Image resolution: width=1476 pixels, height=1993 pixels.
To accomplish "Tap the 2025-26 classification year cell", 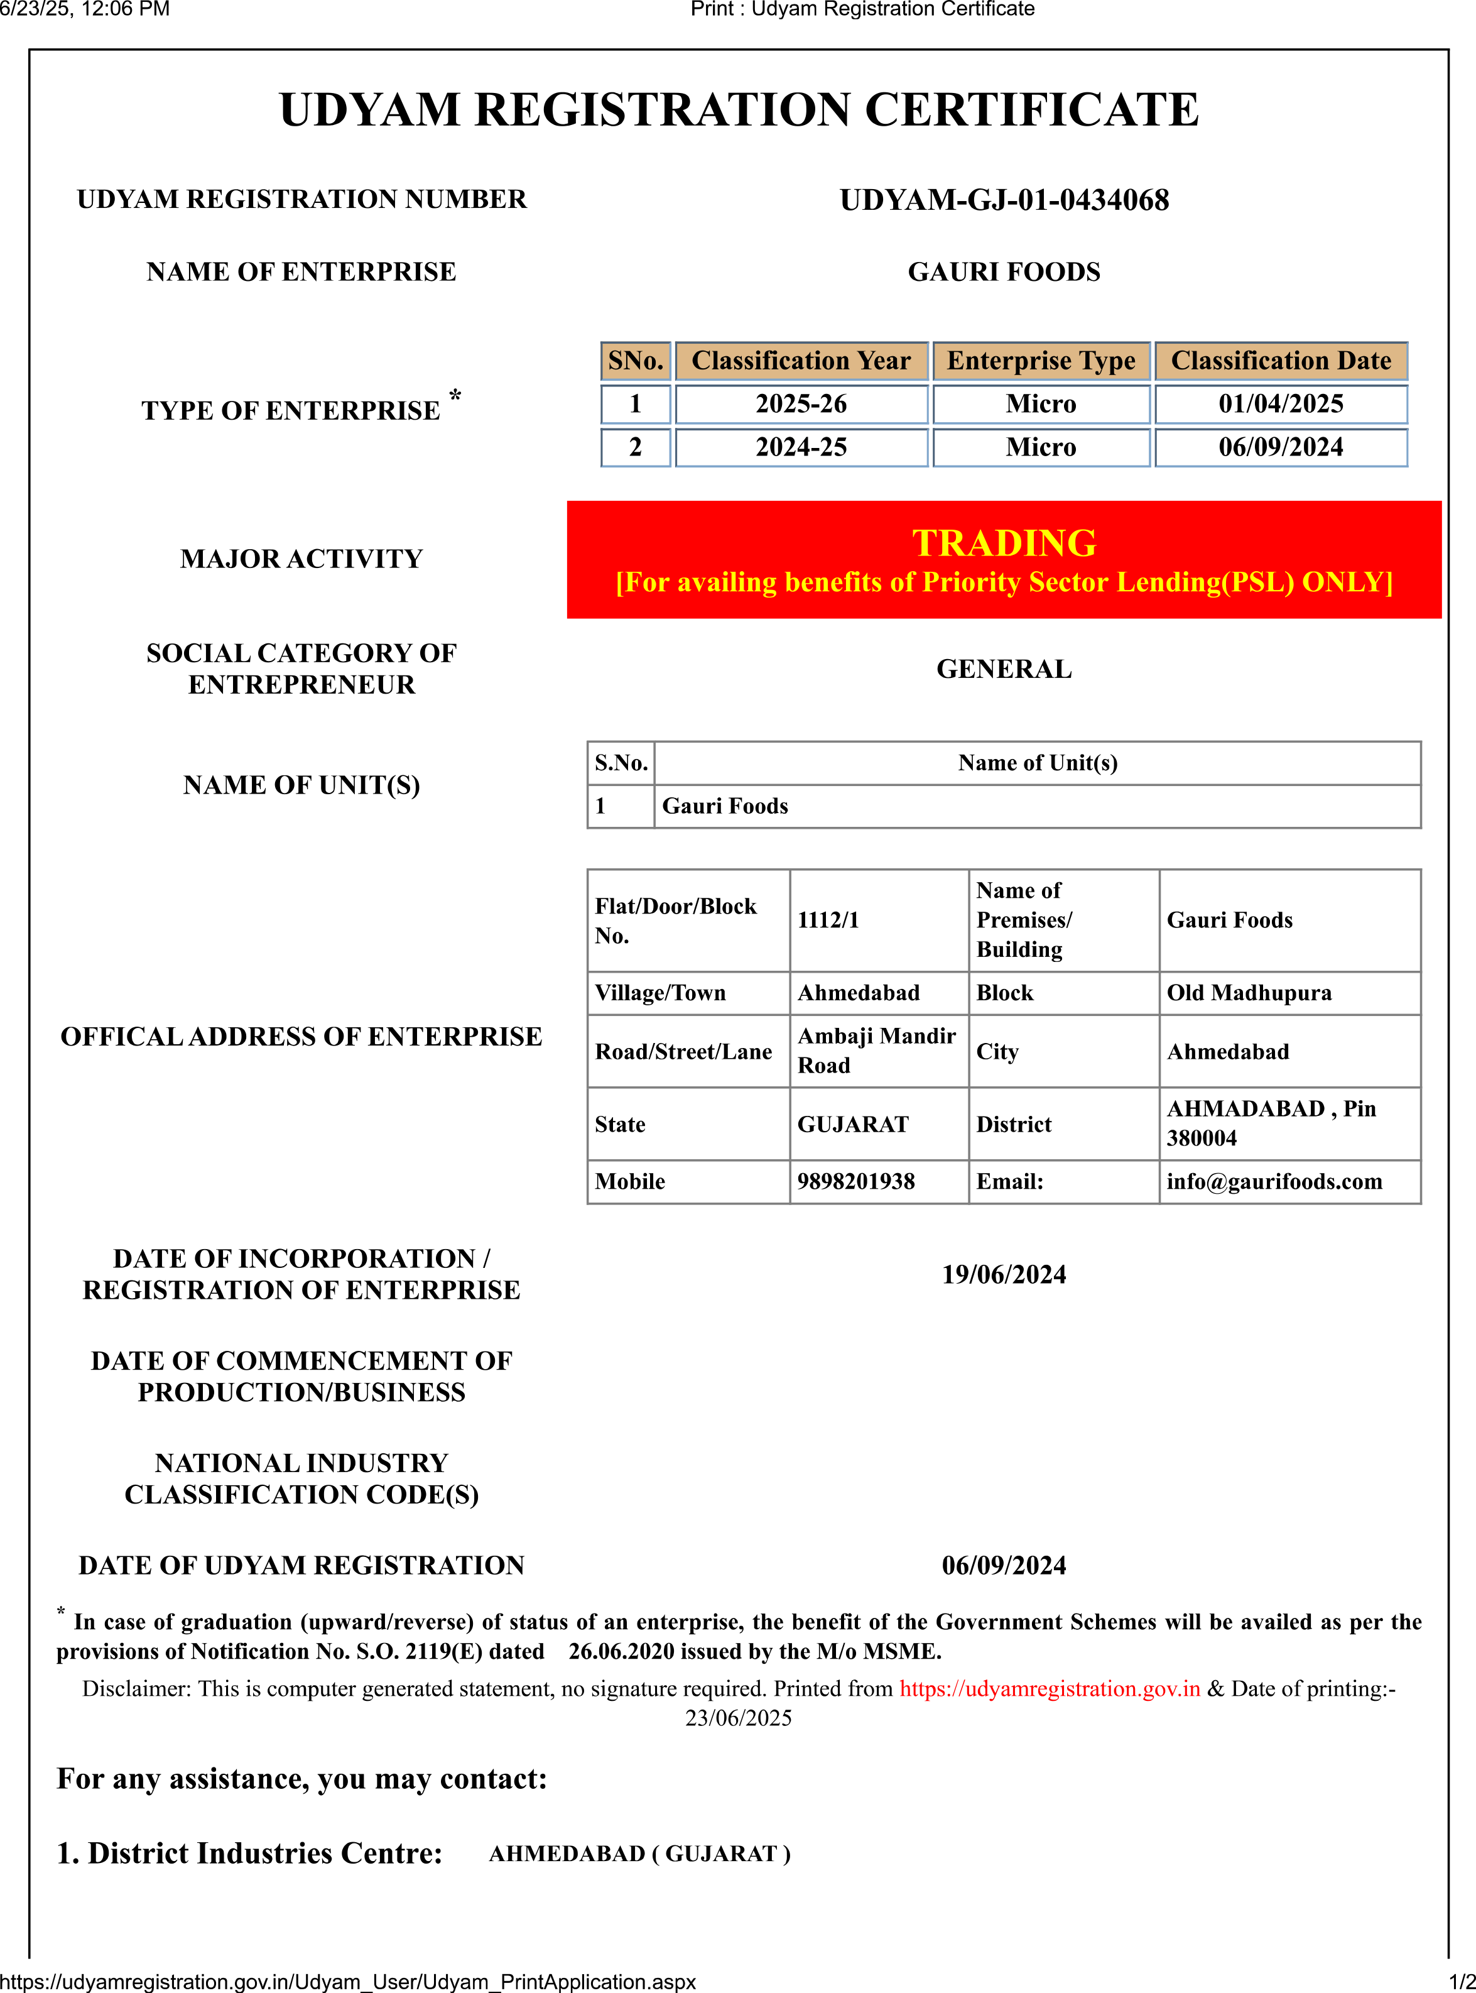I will pyautogui.click(x=801, y=404).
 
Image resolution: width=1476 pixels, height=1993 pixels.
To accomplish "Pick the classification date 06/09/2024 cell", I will pyautogui.click(x=1280, y=447).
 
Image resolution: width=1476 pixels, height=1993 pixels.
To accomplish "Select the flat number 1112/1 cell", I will pyautogui.click(x=828, y=920).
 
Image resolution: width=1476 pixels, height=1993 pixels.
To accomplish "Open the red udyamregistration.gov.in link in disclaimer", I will pyautogui.click(x=1049, y=1688).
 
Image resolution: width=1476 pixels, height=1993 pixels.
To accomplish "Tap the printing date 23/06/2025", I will pyautogui.click(x=738, y=1718).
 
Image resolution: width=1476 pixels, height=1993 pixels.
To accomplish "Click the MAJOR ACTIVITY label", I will pyautogui.click(x=301, y=559).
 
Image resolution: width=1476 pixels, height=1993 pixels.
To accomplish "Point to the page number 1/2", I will pyautogui.click(x=1461, y=1982).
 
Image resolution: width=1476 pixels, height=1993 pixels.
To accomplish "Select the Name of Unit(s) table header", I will pyautogui.click(x=1038, y=762).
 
